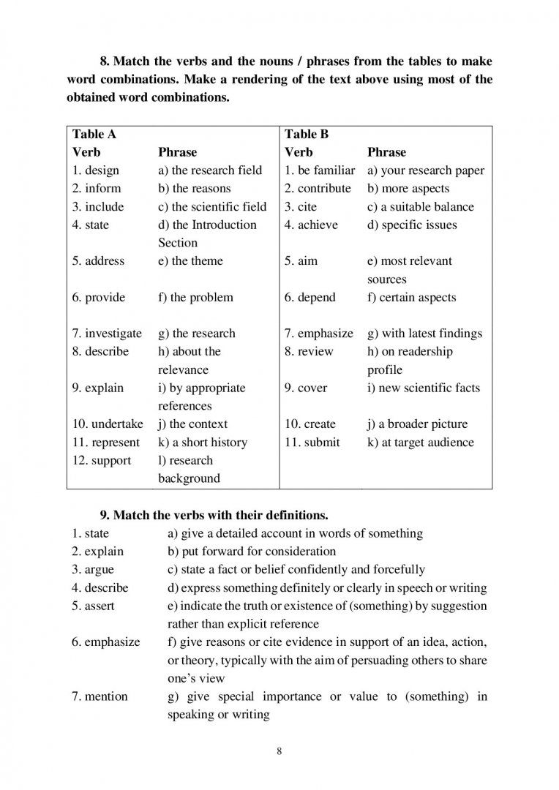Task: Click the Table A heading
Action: (x=94, y=135)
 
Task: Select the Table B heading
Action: (x=307, y=135)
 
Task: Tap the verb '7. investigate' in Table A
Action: (x=107, y=334)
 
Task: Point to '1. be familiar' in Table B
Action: (x=320, y=170)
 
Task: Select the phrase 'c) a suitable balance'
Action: (x=421, y=207)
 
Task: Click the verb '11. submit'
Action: (x=312, y=443)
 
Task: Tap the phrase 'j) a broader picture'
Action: (x=417, y=424)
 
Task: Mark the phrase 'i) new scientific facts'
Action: (x=424, y=388)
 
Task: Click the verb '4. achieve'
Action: (x=311, y=225)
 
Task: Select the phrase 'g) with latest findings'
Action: (x=424, y=334)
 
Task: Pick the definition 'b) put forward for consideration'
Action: (x=252, y=552)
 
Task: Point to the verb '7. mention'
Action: (x=100, y=696)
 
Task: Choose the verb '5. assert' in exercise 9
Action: (x=94, y=606)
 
